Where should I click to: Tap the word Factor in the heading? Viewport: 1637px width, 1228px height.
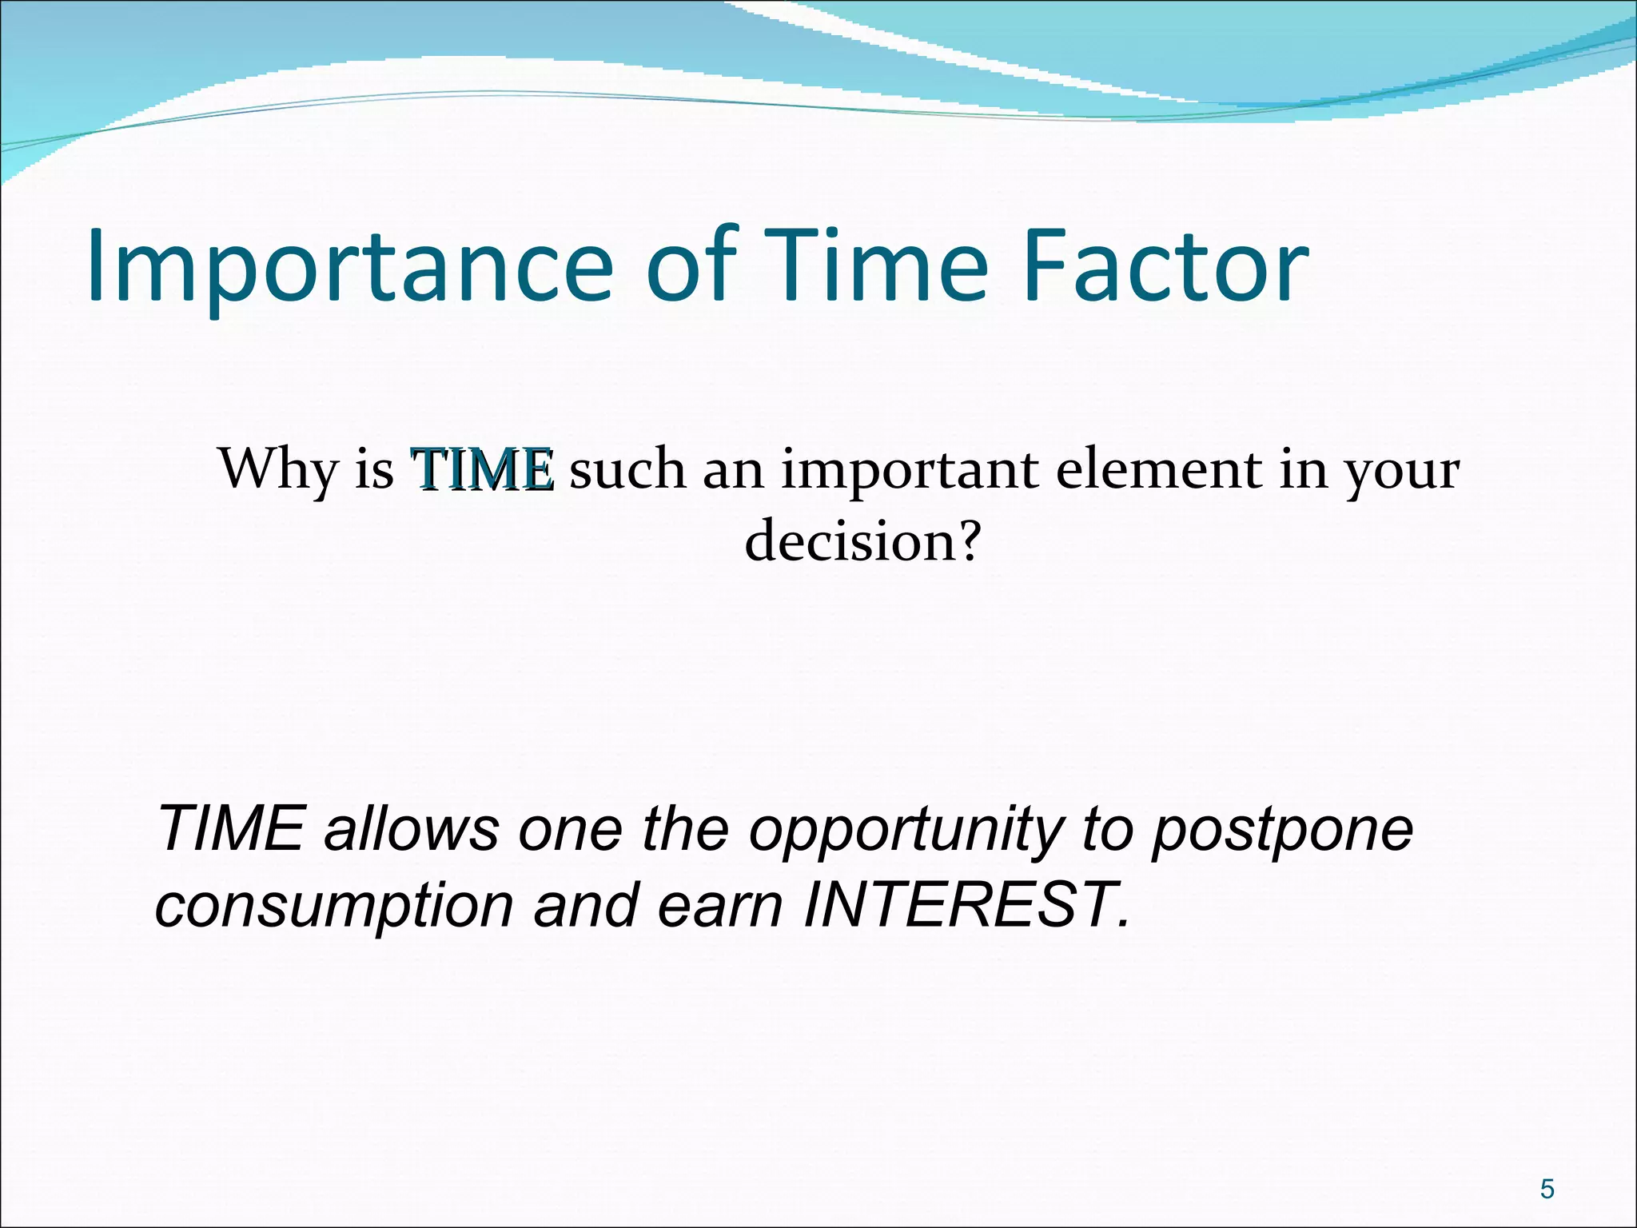tap(1165, 265)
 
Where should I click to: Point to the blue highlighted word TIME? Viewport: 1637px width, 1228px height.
tap(482, 469)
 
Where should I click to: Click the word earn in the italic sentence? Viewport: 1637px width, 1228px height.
tap(718, 907)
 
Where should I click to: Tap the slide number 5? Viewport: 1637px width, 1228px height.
tap(1547, 1190)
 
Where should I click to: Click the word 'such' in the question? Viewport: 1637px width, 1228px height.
tap(627, 469)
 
